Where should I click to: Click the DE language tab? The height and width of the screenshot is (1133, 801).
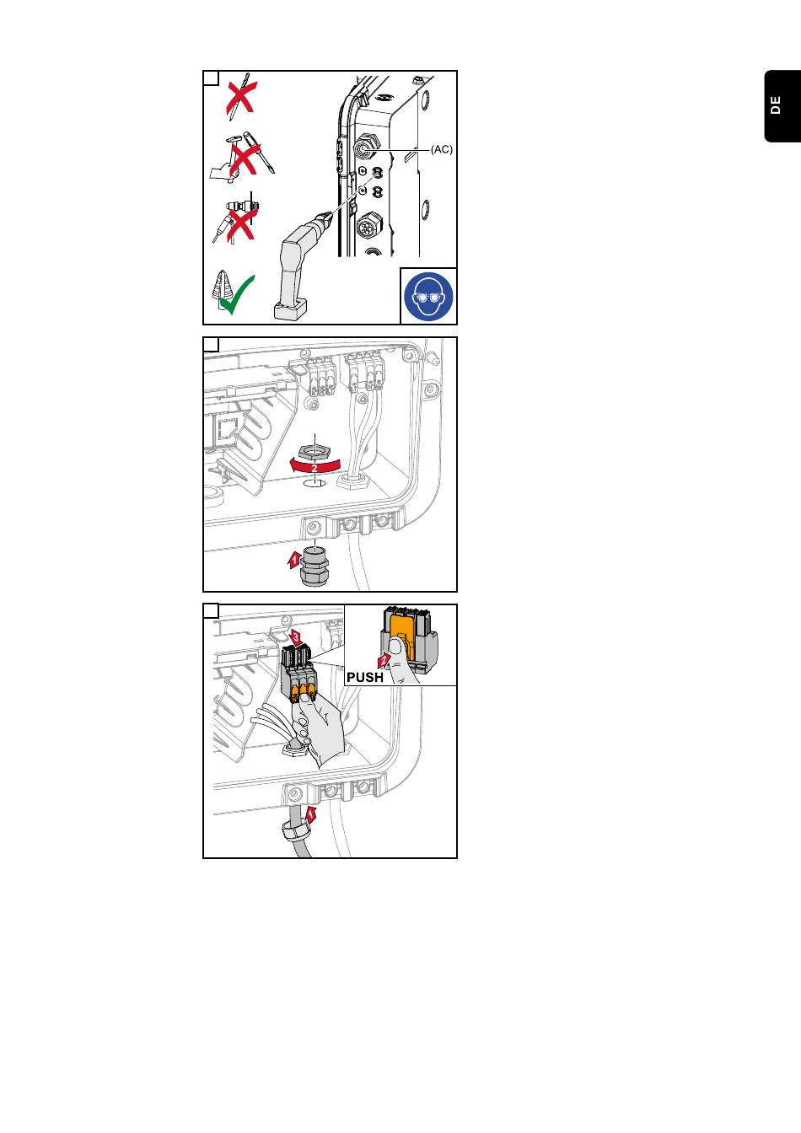pos(776,106)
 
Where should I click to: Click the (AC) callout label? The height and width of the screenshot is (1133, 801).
pos(442,149)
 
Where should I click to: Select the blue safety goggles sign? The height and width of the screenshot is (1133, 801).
pos(428,297)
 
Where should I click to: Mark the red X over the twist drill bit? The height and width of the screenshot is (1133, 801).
pos(240,98)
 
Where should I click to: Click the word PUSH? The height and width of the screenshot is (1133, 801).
pos(365,677)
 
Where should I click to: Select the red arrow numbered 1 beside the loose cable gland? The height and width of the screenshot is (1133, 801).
pos(294,558)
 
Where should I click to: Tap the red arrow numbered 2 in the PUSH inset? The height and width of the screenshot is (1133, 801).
pos(384,659)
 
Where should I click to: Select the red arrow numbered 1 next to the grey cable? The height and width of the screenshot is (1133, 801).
pos(310,814)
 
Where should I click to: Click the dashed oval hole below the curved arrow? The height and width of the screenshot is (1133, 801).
pos(314,485)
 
